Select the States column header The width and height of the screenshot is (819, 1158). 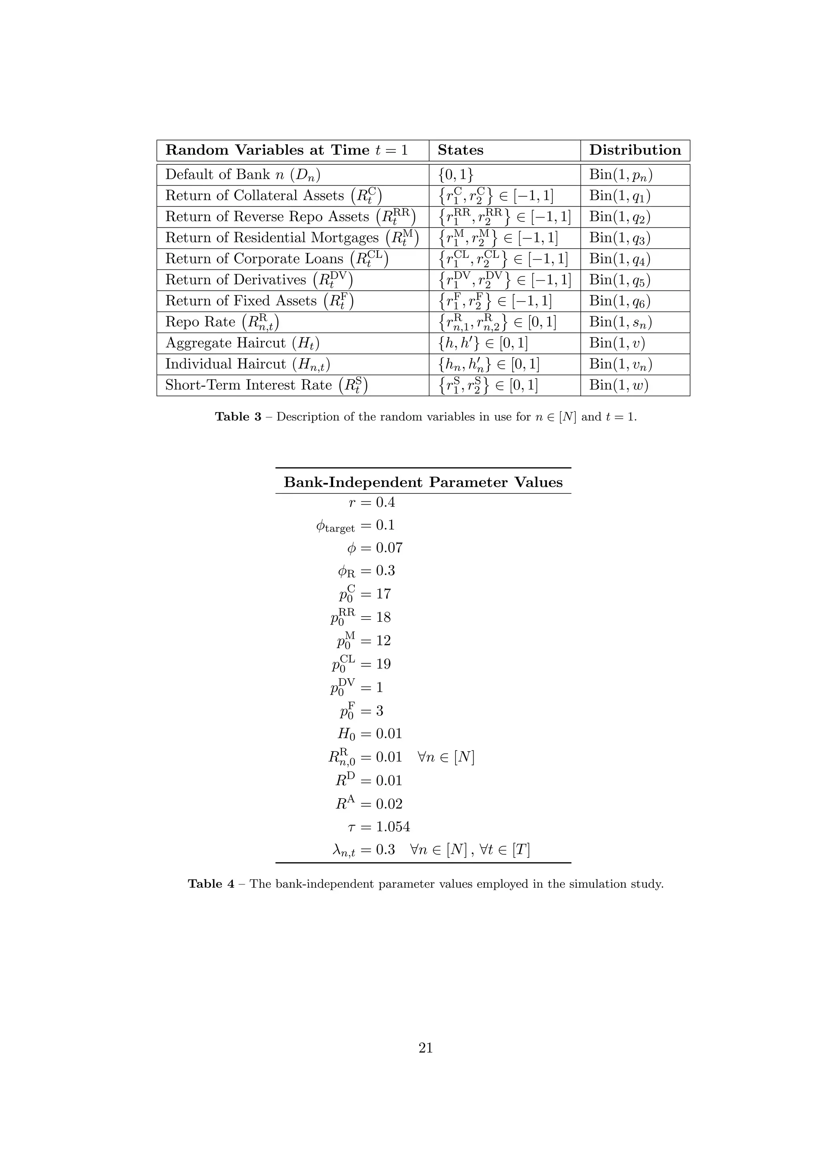[x=460, y=150]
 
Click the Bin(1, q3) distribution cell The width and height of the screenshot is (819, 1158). [x=620, y=238]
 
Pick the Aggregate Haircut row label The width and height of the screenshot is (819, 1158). [x=242, y=343]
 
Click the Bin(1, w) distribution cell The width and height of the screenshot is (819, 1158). [x=618, y=385]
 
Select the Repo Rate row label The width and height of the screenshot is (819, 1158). [x=222, y=322]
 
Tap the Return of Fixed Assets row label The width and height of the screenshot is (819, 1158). [x=259, y=301]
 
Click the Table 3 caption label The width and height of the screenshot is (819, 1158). [x=238, y=417]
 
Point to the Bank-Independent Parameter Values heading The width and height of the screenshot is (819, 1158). [x=423, y=482]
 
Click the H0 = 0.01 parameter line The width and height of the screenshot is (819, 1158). [x=370, y=733]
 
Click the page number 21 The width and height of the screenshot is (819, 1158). [x=425, y=1048]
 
